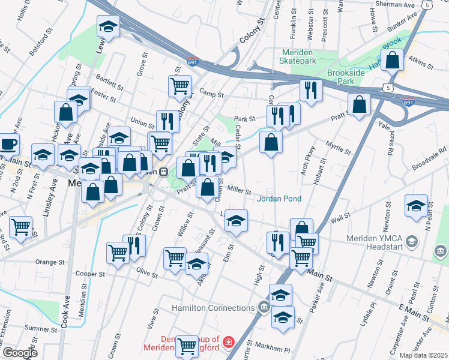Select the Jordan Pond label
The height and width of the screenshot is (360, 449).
click(279, 199)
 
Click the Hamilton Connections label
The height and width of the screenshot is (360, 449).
click(213, 308)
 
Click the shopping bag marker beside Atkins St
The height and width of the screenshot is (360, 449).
click(392, 61)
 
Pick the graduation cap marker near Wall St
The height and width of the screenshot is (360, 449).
click(416, 205)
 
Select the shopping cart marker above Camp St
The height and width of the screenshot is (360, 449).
click(179, 86)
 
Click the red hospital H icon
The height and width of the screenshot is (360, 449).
click(228, 343)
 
